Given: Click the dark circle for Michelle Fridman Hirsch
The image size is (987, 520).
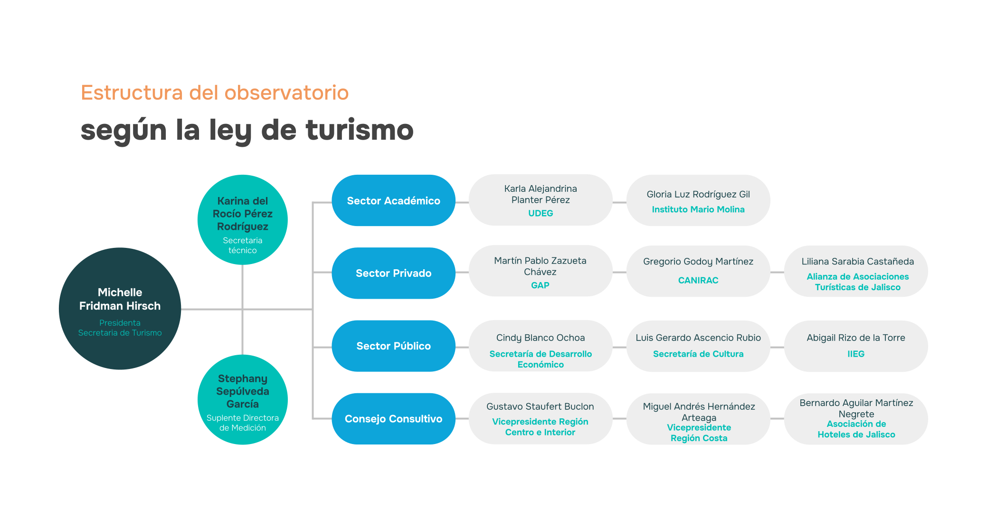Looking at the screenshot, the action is (120, 309).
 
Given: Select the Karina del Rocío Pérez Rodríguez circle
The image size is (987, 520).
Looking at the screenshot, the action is (243, 220).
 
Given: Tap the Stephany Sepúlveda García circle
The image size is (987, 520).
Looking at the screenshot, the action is (243, 399).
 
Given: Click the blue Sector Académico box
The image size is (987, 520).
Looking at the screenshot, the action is (393, 200).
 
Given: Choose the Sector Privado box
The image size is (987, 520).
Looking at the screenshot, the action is (393, 273).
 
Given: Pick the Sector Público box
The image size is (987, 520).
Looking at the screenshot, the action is (393, 346).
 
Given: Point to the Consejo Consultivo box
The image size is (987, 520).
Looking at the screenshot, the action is (393, 418).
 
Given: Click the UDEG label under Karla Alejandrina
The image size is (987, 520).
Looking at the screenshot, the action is (541, 213).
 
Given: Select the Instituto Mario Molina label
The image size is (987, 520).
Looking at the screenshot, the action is (698, 209).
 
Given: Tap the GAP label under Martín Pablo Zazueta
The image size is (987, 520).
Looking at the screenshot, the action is (540, 285).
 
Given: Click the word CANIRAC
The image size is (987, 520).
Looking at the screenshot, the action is (698, 280).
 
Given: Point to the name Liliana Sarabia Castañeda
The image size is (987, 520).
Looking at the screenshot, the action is (858, 262).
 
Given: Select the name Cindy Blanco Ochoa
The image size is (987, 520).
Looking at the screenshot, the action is (541, 338).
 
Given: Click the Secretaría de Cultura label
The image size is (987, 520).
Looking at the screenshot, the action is (698, 354).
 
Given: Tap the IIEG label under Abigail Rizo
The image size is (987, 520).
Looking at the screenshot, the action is (856, 354).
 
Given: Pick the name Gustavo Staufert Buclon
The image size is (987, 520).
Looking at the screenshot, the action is (540, 407).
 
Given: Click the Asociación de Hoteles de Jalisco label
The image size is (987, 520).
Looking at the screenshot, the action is (856, 429).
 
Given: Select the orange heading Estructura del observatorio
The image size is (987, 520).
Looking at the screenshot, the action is (215, 93).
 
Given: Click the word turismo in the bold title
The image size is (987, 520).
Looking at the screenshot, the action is (360, 130).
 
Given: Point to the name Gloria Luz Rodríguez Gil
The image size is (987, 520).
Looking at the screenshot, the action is (698, 194).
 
